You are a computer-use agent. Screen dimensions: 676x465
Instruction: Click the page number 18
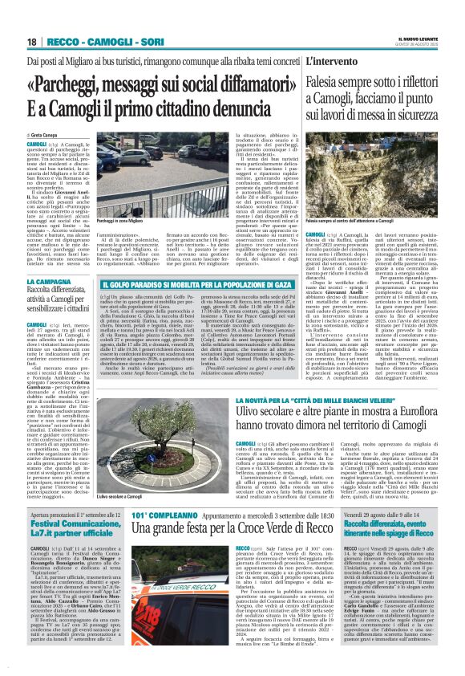pos(31,41)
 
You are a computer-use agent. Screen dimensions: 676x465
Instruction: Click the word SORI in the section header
pos(145,41)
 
